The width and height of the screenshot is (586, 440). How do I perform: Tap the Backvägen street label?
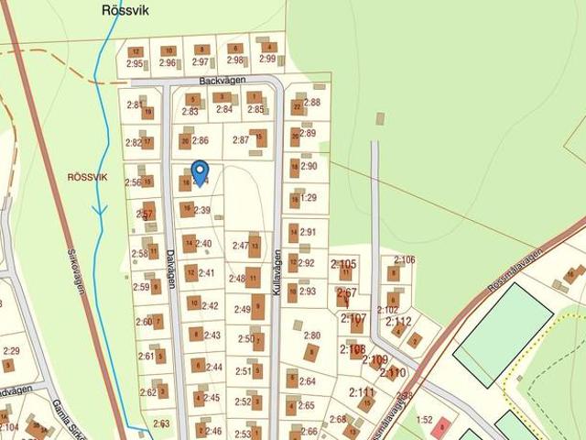(222, 82)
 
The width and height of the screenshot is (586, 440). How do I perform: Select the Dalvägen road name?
(170, 269)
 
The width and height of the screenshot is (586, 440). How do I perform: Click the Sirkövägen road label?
(77, 271)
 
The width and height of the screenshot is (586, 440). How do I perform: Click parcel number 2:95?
(135, 63)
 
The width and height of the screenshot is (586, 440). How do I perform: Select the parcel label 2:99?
(267, 60)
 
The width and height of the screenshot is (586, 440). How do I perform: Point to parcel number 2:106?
(404, 259)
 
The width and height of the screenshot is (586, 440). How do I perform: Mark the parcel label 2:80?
(312, 335)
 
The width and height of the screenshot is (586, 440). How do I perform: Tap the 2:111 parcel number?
(362, 391)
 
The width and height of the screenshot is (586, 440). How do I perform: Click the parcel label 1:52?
(424, 420)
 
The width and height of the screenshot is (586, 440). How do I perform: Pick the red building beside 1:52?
(444, 426)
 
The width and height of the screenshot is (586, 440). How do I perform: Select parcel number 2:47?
(241, 246)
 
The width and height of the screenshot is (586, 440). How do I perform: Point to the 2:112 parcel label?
(399, 321)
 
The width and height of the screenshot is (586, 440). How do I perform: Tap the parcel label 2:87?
(241, 140)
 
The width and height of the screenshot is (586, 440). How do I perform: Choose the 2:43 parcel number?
(212, 335)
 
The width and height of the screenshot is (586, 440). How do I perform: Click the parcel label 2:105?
(343, 264)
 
